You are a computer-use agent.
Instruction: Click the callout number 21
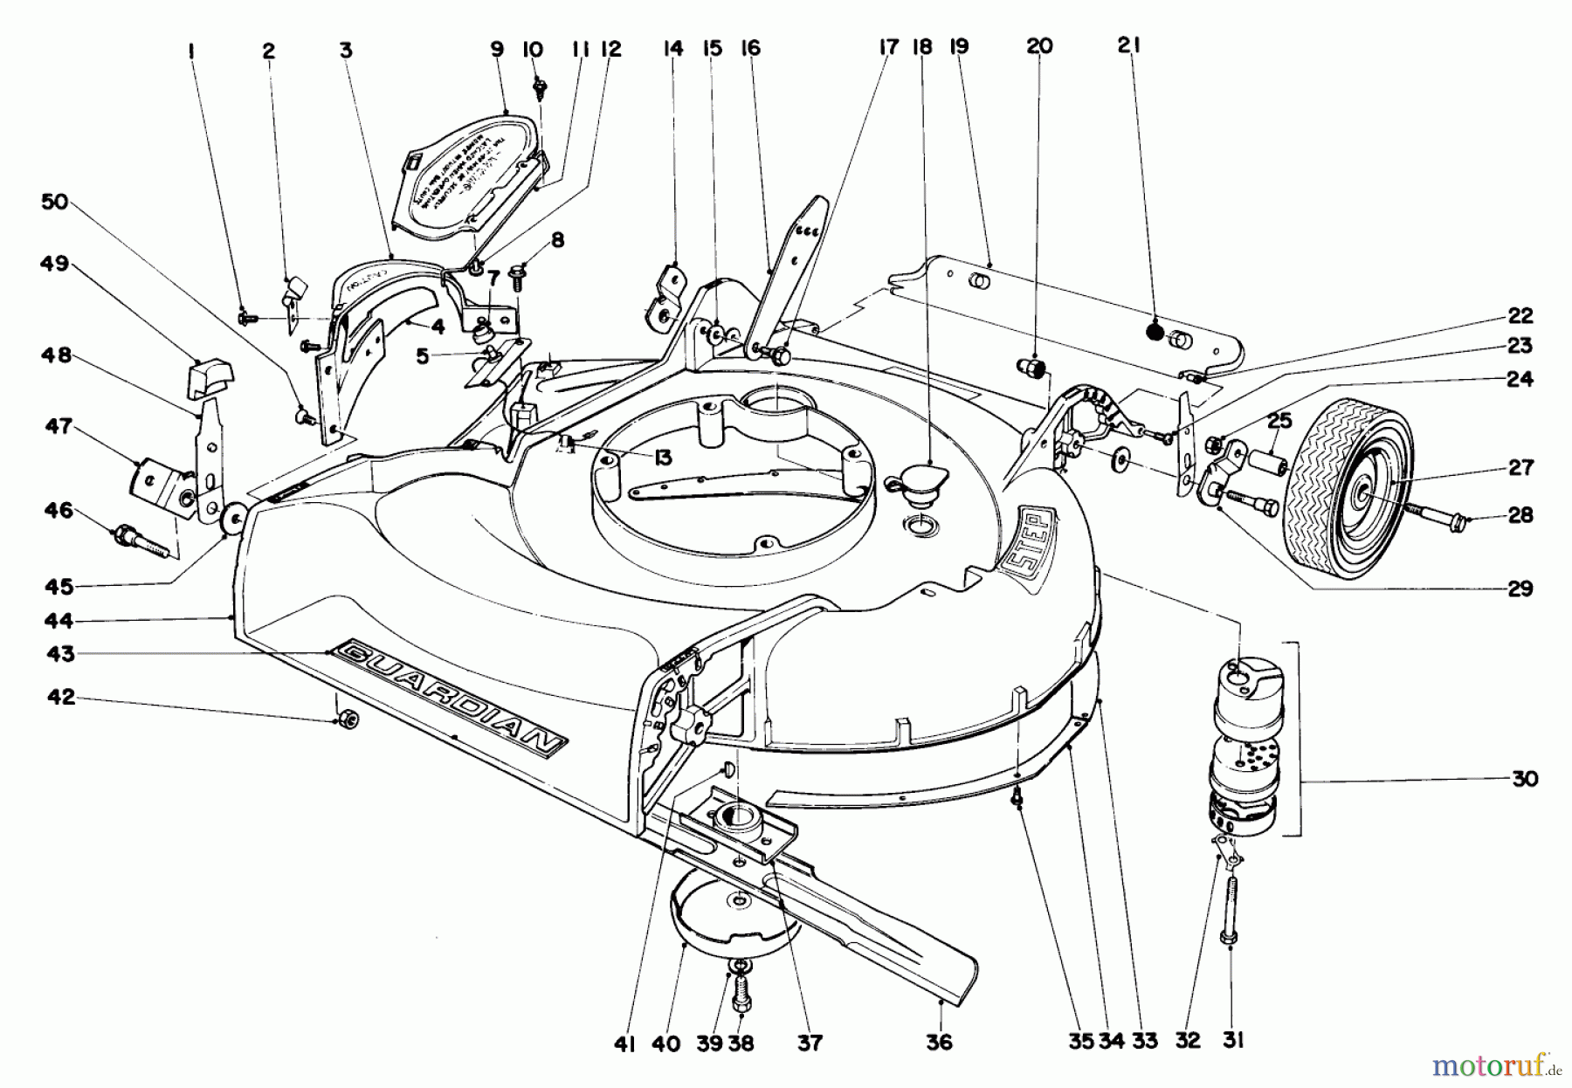[x=1129, y=46]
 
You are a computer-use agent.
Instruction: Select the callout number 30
[x=1524, y=778]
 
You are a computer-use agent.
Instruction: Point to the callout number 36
[x=940, y=1043]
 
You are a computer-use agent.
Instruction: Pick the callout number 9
[x=497, y=49]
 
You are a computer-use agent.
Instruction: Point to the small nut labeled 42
[x=346, y=720]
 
